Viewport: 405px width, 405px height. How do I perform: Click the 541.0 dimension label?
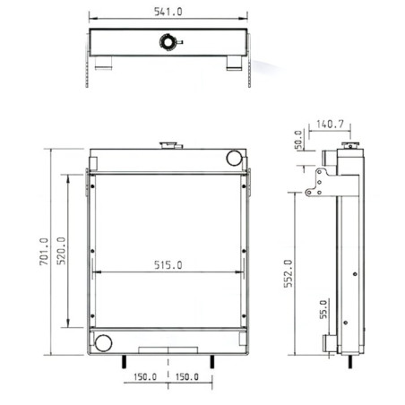coord(168,12)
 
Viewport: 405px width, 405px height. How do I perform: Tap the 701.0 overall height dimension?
coord(44,252)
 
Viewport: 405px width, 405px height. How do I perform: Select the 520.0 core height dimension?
coord(61,251)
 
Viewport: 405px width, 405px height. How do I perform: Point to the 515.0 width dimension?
coord(168,265)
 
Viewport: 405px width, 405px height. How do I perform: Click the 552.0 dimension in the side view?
coord(288,273)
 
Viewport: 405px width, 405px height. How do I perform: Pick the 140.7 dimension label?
coord(330,124)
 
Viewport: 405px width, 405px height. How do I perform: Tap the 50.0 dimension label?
coord(298,140)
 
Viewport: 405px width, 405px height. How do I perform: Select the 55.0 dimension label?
coord(323,309)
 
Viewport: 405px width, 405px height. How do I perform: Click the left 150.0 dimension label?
coord(145,377)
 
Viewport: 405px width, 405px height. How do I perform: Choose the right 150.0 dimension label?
coord(187,377)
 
